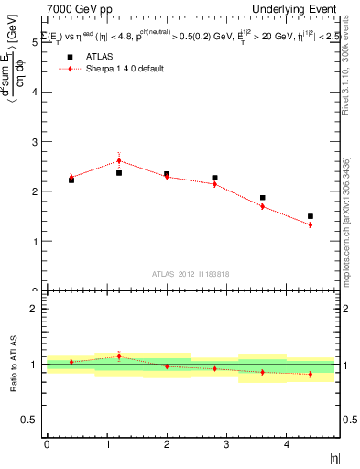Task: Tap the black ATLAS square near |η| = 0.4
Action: tap(71, 180)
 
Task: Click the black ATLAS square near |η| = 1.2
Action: tap(119, 172)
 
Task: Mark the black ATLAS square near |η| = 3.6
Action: tap(262, 197)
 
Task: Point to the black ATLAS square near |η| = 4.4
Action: tap(311, 216)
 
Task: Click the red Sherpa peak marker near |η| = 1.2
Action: tap(119, 160)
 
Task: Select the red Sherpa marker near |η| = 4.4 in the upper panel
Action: tap(311, 224)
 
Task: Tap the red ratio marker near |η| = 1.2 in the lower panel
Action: tap(119, 356)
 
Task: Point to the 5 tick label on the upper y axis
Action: tap(36, 42)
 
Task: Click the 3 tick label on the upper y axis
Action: tap(36, 142)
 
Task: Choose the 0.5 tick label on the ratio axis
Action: tap(31, 420)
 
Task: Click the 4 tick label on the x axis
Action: tap(287, 444)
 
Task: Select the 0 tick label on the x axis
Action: tap(47, 444)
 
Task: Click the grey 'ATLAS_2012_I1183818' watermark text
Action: tap(191, 273)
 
